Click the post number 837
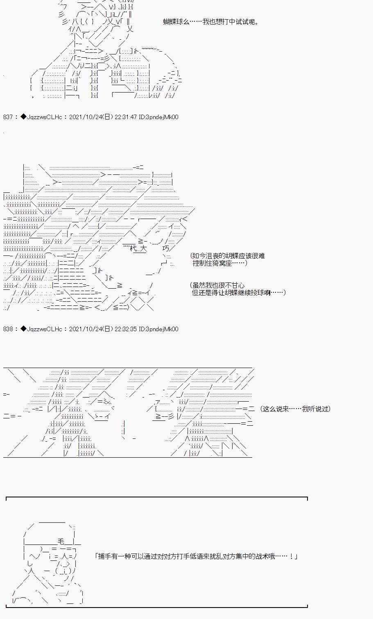8,117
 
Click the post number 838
8,329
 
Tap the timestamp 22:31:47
126,117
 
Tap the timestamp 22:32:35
126,329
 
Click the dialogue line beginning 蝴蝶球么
211,22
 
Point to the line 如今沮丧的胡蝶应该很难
228,256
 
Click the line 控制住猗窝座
220,263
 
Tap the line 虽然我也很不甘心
218,285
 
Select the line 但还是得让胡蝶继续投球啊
238,293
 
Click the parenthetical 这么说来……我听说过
295,409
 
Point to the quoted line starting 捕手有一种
196,557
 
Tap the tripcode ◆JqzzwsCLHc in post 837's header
41,117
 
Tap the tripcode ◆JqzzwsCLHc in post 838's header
41,329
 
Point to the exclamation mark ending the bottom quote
291,557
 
